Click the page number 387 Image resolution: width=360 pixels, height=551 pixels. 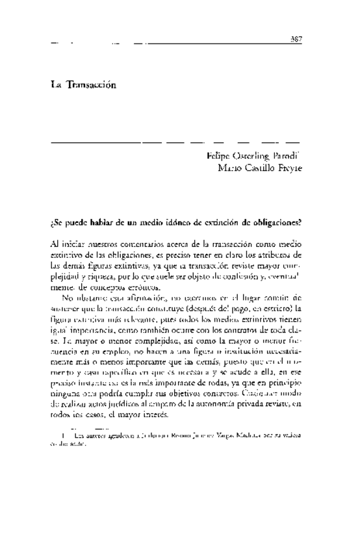tap(296, 39)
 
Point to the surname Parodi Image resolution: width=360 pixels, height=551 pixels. tap(281, 157)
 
